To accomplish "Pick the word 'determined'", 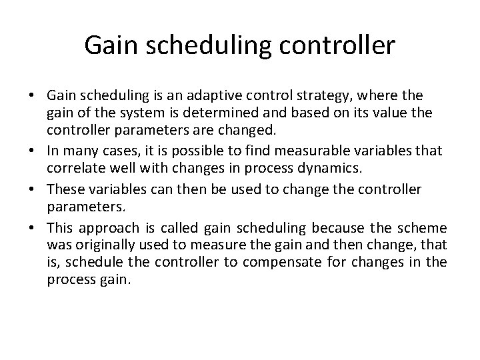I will coord(209,113).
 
